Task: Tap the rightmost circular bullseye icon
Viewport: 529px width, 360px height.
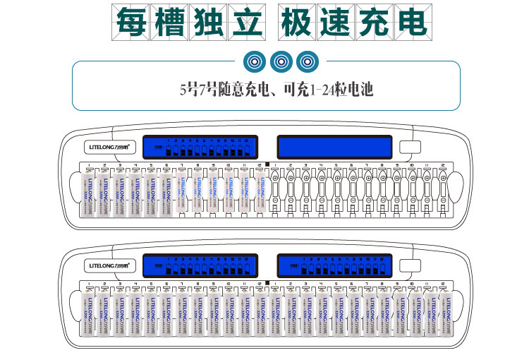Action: [305, 61]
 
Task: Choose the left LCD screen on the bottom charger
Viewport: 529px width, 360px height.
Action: [198, 265]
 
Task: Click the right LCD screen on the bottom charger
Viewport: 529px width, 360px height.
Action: [334, 265]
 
